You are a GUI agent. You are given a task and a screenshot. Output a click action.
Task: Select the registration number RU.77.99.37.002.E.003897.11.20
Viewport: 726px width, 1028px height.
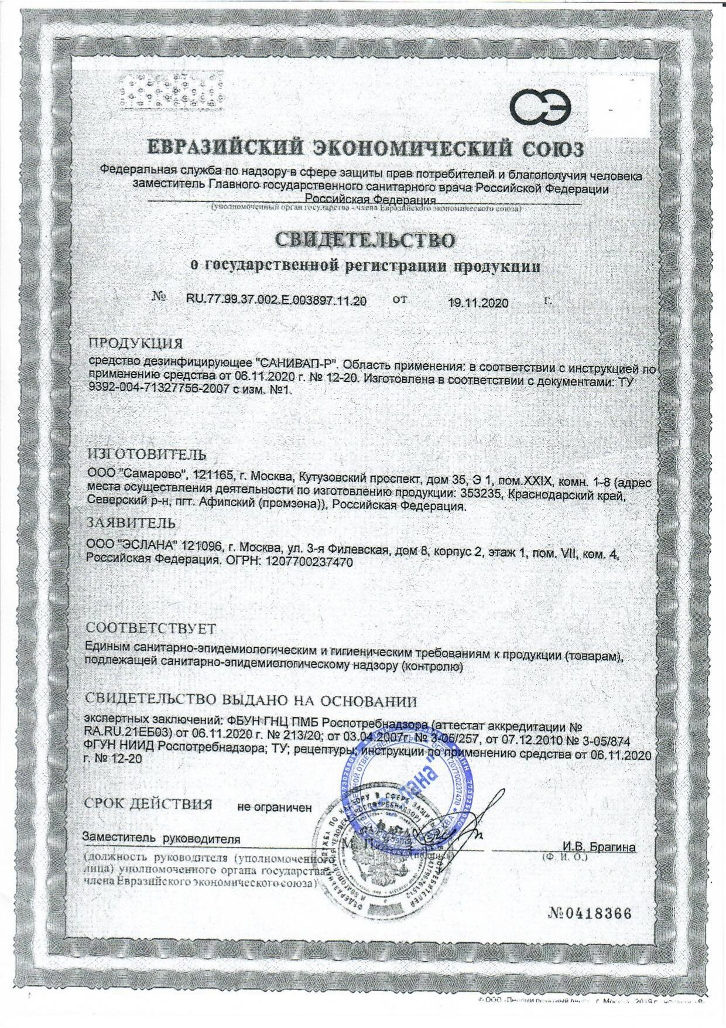click(276, 302)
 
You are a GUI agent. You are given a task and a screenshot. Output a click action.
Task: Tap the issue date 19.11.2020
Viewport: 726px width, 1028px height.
click(478, 303)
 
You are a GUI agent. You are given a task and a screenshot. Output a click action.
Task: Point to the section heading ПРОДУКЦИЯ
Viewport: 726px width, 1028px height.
click(136, 343)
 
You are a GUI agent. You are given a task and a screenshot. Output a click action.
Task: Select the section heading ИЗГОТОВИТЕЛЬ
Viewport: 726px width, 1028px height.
click(146, 455)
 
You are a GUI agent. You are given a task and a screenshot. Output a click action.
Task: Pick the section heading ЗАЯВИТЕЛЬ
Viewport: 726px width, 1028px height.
click(131, 522)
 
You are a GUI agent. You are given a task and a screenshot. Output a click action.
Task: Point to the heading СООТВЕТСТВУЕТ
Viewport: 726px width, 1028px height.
click(151, 629)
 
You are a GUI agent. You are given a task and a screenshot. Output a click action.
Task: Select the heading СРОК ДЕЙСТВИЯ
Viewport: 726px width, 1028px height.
click(149, 804)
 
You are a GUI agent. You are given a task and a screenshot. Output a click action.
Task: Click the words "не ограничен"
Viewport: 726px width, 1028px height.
click(274, 807)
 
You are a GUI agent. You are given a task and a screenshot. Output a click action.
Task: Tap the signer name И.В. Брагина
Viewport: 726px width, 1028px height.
click(599, 847)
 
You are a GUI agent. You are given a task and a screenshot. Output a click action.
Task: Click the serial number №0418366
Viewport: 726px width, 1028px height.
click(590, 913)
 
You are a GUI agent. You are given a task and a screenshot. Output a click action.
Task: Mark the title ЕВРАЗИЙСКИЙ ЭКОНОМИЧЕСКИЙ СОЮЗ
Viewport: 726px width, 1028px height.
click(364, 146)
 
